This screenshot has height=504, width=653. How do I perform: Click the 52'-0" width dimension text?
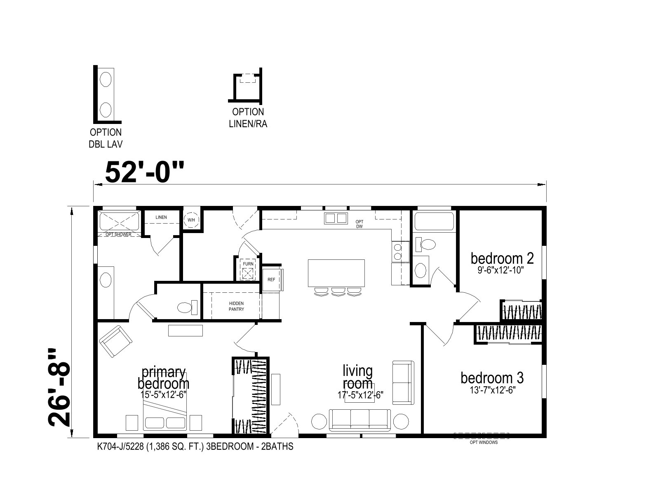click(144, 172)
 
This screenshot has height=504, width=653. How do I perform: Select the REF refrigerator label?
click(271, 280)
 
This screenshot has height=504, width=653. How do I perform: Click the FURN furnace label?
click(248, 264)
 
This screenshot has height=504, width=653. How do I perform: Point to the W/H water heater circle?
click(191, 220)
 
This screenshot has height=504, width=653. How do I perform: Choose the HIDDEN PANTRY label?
click(237, 306)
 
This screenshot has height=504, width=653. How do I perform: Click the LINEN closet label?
click(161, 217)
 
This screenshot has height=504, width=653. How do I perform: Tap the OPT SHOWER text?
click(118, 234)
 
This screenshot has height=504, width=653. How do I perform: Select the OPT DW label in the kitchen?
click(359, 224)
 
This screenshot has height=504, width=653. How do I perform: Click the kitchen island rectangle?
click(336, 273)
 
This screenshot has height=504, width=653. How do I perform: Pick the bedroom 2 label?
click(502, 259)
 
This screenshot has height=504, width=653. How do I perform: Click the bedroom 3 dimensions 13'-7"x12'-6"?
click(493, 390)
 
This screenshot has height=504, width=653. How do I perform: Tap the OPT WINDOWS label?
click(484, 442)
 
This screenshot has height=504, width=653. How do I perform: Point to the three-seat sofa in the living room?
click(360, 420)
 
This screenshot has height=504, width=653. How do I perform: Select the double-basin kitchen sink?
click(336, 218)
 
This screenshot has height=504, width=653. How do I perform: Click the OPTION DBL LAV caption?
click(106, 138)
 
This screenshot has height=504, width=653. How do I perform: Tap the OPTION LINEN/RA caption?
click(248, 118)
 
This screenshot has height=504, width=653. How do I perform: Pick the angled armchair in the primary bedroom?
click(116, 342)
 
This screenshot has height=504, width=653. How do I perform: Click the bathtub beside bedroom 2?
click(434, 221)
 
